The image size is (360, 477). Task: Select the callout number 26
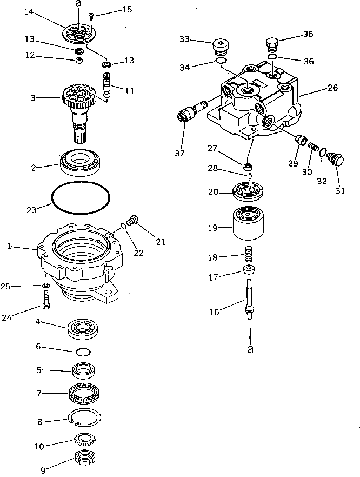332,87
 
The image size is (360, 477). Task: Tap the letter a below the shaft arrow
250,350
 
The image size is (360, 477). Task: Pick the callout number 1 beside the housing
9,247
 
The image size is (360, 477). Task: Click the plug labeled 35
272,43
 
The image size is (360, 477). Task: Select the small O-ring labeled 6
83,352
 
